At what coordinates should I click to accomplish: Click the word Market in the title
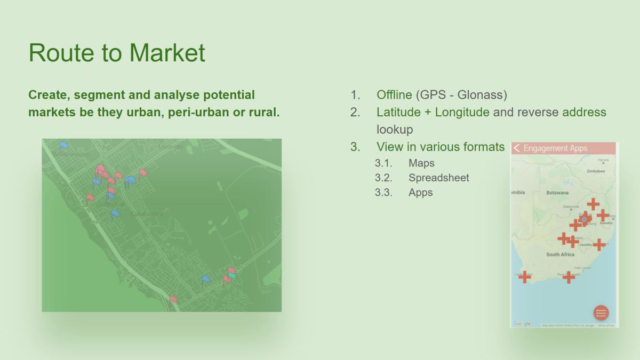[167, 53]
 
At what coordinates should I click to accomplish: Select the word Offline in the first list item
[394, 95]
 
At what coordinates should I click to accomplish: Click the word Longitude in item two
[462, 113]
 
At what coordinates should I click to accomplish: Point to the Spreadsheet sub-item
[439, 178]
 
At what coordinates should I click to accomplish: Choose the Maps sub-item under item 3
[421, 163]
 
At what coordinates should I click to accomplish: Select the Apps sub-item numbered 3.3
[420, 193]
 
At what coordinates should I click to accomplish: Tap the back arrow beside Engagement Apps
[516, 148]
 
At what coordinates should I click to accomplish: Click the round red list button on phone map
[601, 313]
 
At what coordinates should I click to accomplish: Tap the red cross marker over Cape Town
[525, 277]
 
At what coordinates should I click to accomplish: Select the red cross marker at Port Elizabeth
[569, 277]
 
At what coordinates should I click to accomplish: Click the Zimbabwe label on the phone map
[595, 171]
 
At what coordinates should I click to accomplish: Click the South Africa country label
[560, 254]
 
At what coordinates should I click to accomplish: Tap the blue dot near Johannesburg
[584, 219]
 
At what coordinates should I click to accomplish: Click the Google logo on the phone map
[522, 324]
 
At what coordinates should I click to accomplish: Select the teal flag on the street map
[232, 275]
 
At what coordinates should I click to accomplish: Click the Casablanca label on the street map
[147, 214]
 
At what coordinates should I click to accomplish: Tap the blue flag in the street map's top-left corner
[64, 145]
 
